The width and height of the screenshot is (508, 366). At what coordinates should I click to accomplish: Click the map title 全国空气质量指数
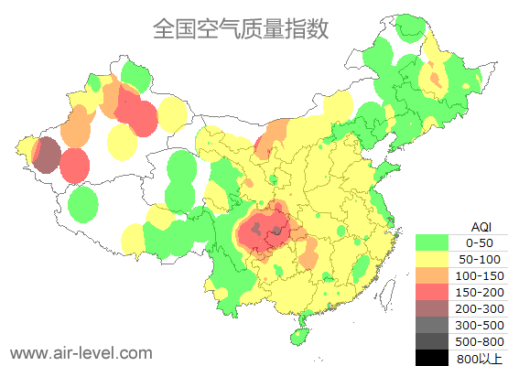pos(241,28)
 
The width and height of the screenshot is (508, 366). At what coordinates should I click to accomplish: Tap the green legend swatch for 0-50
pos(432,242)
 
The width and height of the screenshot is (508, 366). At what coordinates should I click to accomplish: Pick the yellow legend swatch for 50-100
pos(432,259)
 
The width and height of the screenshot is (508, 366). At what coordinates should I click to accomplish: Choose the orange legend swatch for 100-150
pos(432,275)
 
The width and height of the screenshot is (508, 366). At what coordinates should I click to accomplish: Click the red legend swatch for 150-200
pos(432,292)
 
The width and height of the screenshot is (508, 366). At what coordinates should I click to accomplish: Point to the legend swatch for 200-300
pos(432,308)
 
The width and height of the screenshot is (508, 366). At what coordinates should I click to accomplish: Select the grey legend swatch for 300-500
pos(432,325)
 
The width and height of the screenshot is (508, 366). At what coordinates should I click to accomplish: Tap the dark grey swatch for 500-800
pos(432,341)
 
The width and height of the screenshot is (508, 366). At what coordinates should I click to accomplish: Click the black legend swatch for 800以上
pos(432,357)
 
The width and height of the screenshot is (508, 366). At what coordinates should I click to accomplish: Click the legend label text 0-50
pos(479,242)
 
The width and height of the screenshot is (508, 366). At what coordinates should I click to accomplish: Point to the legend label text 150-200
pos(479,292)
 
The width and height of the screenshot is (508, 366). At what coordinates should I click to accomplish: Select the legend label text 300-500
pos(479,325)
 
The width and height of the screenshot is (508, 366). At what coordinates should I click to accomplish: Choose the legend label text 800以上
pos(479,358)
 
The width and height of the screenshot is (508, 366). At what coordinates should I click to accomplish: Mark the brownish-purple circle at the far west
pos(47,155)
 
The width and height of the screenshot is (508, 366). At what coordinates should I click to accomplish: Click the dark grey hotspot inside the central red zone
pos(275,233)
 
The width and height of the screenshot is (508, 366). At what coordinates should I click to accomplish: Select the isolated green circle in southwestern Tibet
pos(83,203)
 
